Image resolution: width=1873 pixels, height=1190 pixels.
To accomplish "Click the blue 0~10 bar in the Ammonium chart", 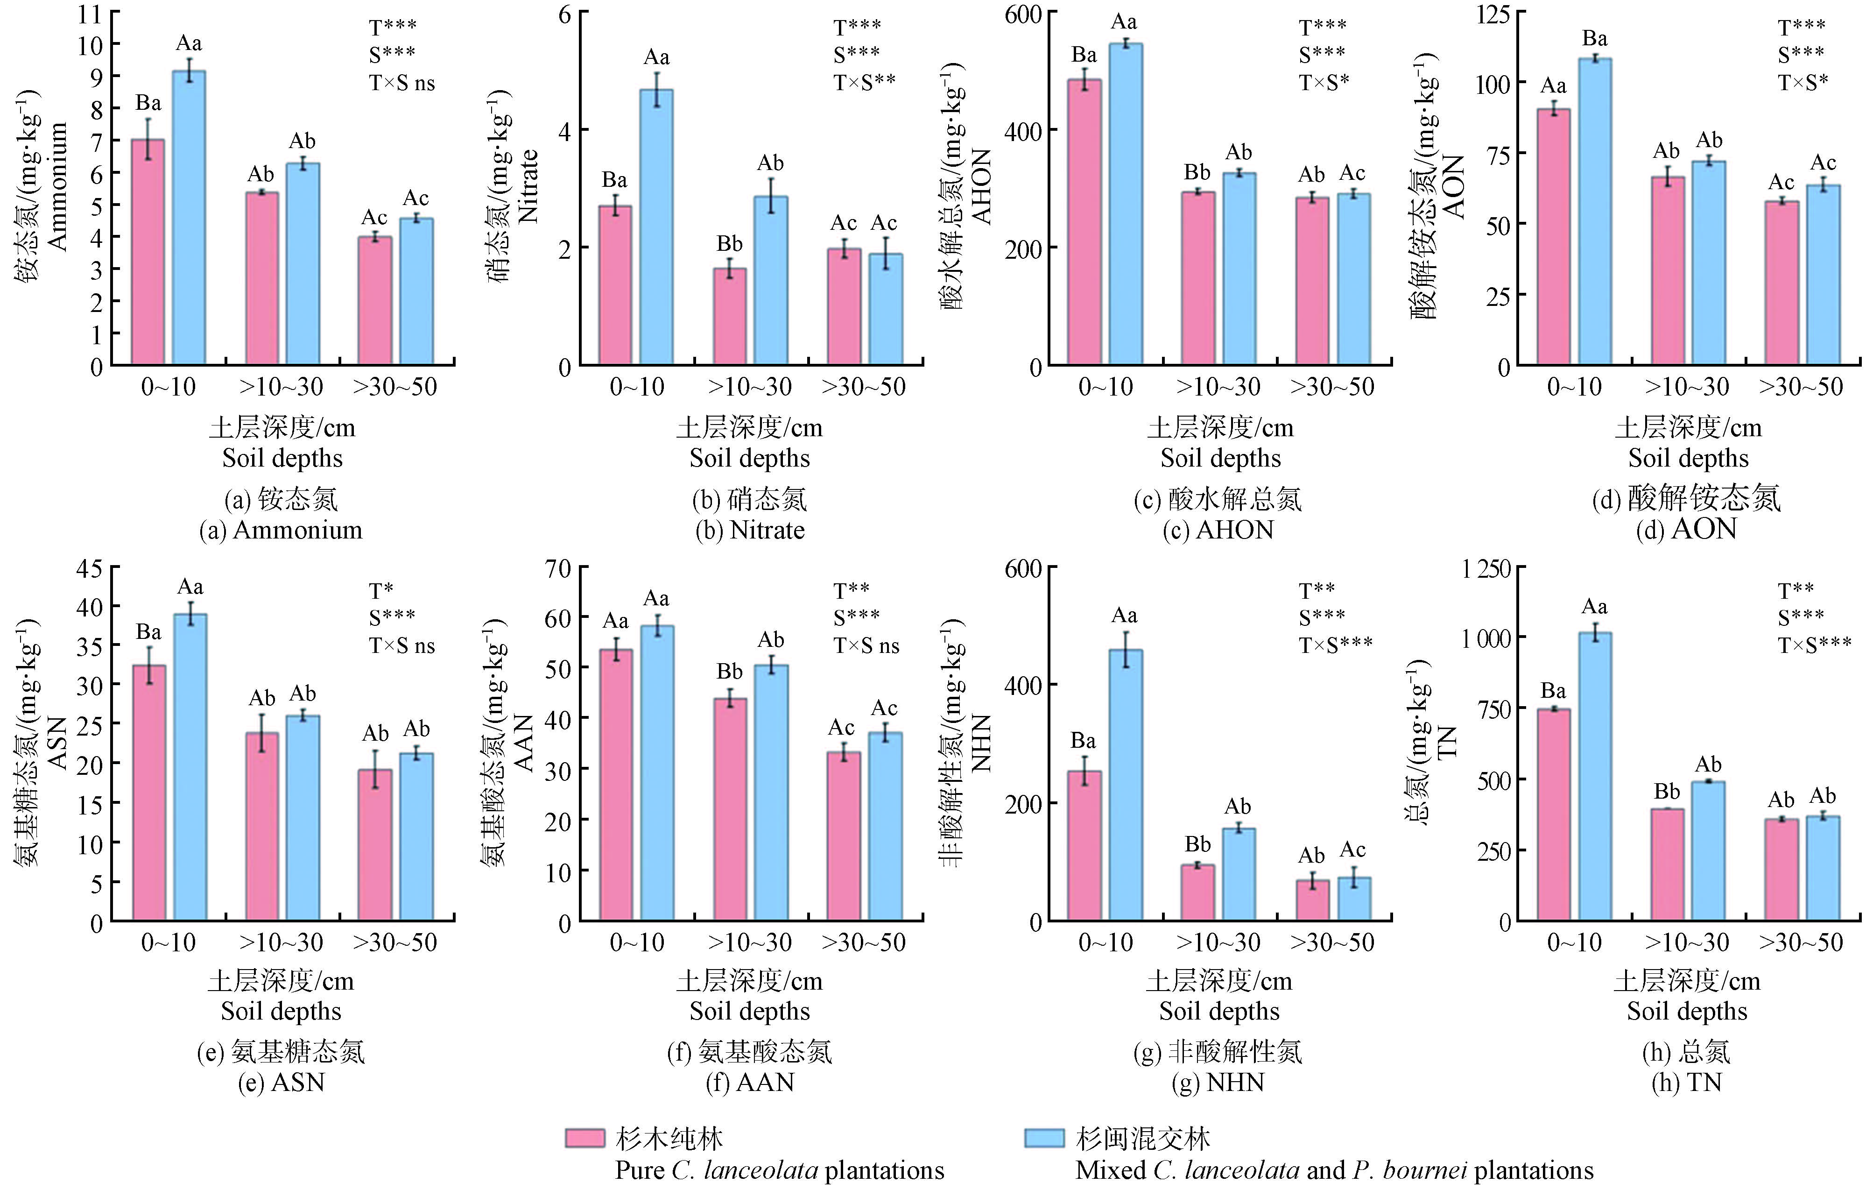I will pyautogui.click(x=189, y=218).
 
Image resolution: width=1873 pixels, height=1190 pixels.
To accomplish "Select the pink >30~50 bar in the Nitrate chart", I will pyautogui.click(x=844, y=307).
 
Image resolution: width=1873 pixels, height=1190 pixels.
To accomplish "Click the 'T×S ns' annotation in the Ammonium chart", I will pyautogui.click(x=401, y=83).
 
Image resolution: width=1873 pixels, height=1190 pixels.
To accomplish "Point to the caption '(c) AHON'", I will pyautogui.click(x=1218, y=530).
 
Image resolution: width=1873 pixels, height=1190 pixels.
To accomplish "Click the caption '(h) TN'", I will pyautogui.click(x=1686, y=1083).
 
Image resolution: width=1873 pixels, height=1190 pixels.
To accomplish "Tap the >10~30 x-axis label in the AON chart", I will pyautogui.click(x=1686, y=387).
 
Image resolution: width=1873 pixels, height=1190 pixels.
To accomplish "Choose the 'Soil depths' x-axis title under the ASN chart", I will pyautogui.click(x=281, y=1011).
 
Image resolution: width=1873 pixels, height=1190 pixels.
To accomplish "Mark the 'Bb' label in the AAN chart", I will pyautogui.click(x=730, y=671).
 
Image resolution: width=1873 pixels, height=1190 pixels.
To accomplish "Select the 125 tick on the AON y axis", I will pyautogui.click(x=1493, y=13).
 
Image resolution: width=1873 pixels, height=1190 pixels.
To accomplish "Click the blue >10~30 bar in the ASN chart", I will pyautogui.click(x=303, y=817).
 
